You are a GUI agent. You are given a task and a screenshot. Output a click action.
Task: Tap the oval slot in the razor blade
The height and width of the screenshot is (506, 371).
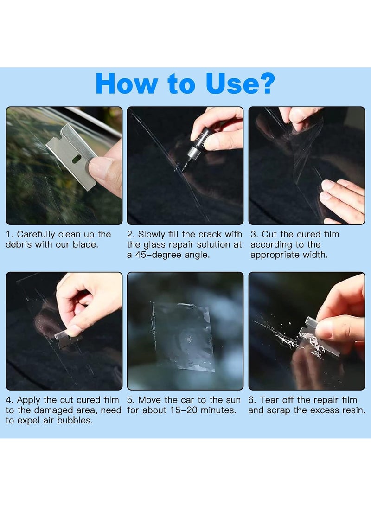(x=77, y=159)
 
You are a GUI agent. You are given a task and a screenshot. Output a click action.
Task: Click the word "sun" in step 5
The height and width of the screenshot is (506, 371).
(x=233, y=400)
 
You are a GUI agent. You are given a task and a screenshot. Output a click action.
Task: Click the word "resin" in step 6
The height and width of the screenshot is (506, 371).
(x=353, y=410)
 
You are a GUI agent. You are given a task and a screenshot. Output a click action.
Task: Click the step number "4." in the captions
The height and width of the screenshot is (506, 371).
(x=10, y=400)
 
